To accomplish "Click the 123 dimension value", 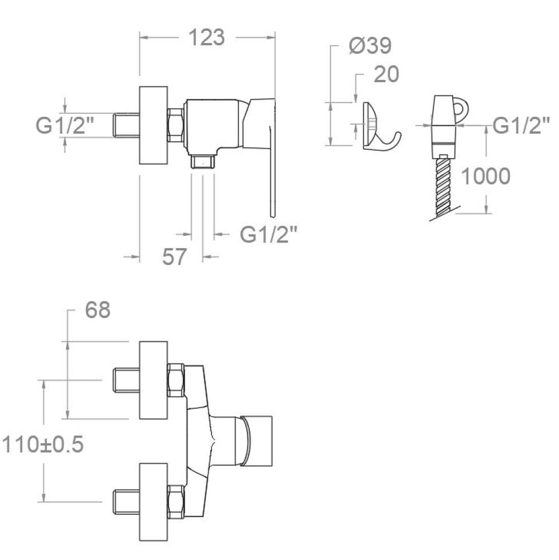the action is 206,37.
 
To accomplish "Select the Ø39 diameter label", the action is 370,46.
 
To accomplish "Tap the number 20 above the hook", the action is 386,74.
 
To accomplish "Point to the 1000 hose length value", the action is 486,176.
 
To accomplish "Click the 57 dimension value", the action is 174,257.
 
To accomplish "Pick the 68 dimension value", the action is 97,310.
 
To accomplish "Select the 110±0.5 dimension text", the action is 43,445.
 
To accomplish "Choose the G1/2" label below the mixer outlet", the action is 268,234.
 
